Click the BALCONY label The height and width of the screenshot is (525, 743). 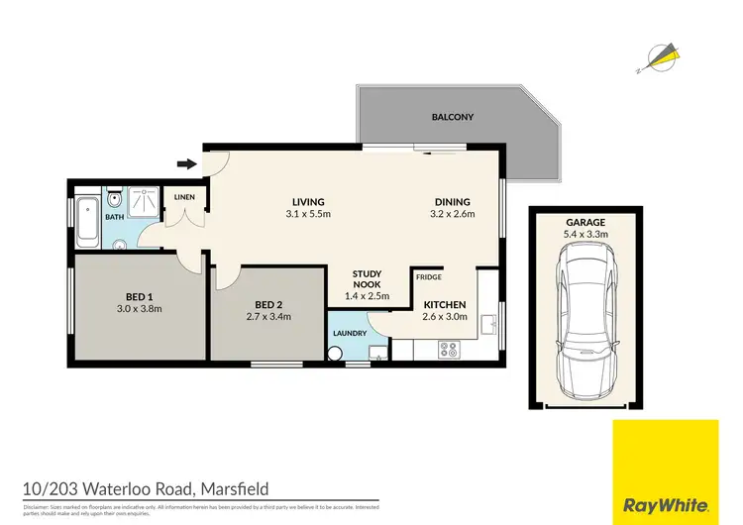click(x=452, y=117)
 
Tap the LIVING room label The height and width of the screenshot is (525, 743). click(x=308, y=202)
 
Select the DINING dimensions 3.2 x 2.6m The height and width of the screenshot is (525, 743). click(x=452, y=214)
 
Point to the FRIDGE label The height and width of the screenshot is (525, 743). click(x=428, y=277)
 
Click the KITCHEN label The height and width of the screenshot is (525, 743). click(x=445, y=305)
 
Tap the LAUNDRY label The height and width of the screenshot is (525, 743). click(x=350, y=334)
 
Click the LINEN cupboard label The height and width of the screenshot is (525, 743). click(x=185, y=197)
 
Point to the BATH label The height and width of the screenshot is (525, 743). click(x=115, y=217)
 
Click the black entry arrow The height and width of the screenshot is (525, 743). click(x=185, y=164)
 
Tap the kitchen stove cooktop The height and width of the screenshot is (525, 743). click(x=448, y=349)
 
